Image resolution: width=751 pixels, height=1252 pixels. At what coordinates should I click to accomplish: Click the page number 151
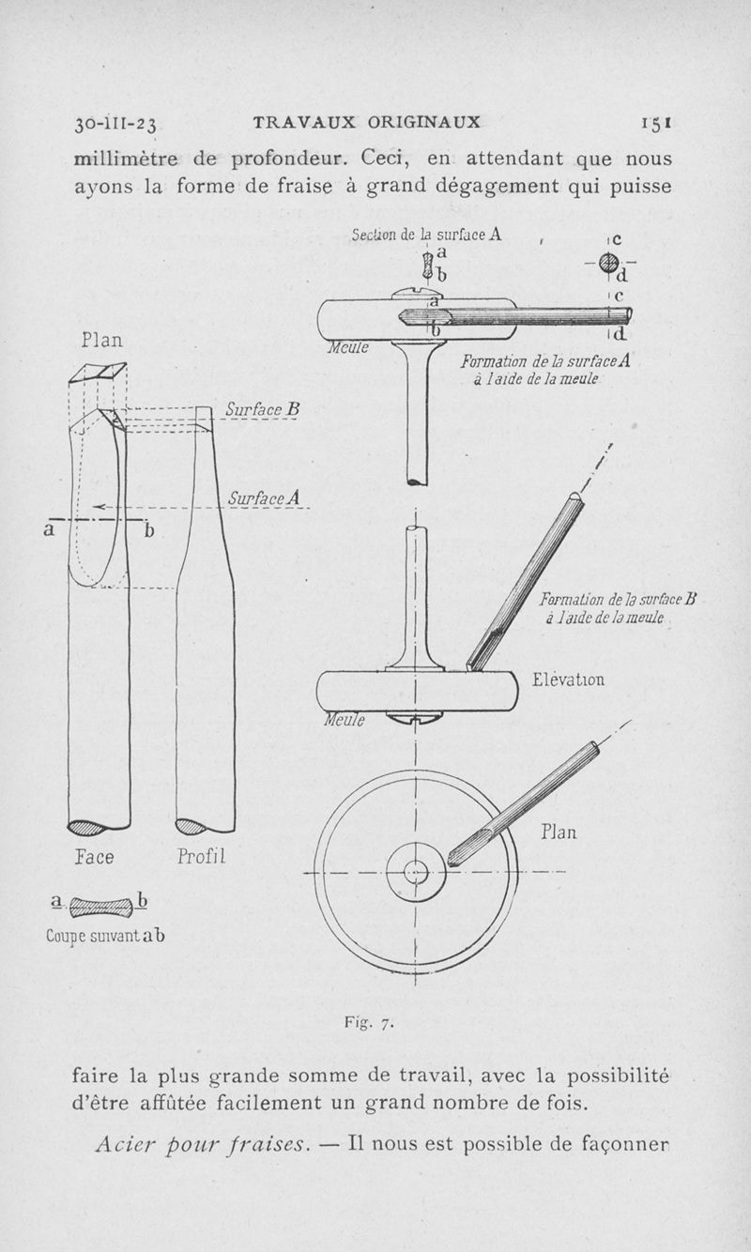pos(656,122)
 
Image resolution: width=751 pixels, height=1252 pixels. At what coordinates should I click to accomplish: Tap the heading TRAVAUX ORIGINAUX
pos(367,122)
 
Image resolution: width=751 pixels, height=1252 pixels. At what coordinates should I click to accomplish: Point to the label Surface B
pos(262,410)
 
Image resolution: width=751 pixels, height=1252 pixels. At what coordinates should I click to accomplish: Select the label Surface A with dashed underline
pos(264,498)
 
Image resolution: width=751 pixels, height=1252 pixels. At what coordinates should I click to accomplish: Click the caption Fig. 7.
pos(369,1023)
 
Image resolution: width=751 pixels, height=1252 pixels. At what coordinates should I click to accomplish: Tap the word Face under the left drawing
pos(94,857)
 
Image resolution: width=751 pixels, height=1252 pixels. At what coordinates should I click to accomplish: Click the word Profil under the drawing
pos(201,856)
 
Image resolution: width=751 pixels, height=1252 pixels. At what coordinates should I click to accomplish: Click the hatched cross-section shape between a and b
pos(101,908)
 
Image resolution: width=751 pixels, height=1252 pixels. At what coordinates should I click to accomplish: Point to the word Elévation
pos(568,679)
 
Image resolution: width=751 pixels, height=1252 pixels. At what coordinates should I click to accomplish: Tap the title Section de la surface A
pos(426,235)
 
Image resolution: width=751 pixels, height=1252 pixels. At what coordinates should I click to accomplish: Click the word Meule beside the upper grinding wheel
pos(348,347)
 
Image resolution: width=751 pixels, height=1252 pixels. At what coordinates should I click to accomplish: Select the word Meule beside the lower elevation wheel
pos(345,720)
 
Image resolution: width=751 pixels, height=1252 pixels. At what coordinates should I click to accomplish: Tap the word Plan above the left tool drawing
pos(101,340)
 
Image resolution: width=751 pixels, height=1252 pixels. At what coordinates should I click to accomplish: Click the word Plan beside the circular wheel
pos(558,832)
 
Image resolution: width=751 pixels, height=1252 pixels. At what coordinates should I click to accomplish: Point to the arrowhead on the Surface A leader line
pos(98,507)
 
